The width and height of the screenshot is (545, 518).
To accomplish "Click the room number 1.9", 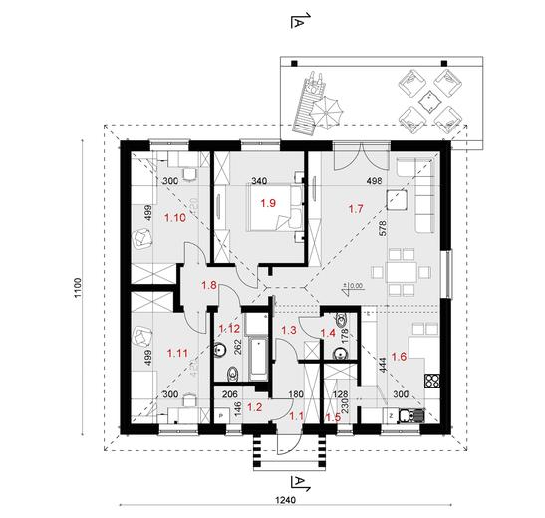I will pyautogui.click(x=268, y=203).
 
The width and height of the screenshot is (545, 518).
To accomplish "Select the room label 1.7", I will pyautogui.click(x=355, y=208).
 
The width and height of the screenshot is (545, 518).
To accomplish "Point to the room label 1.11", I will pyautogui.click(x=179, y=352).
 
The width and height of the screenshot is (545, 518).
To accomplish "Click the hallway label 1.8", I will pyautogui.click(x=210, y=286).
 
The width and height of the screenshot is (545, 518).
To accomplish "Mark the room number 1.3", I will pyautogui.click(x=290, y=330).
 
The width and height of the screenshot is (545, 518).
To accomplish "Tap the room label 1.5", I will pyautogui.click(x=332, y=419).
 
